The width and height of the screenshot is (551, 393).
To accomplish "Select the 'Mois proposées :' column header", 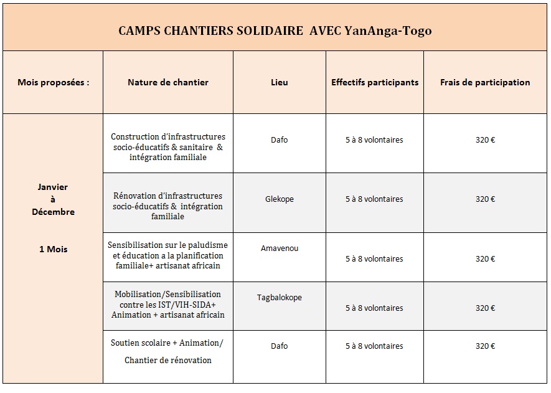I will pyautogui.click(x=54, y=82).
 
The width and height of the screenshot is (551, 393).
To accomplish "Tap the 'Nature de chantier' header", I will pyautogui.click(x=168, y=82).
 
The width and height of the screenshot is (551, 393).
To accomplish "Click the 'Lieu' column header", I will pyautogui.click(x=280, y=82).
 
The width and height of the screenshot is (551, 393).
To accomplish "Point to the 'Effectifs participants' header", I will pyautogui.click(x=375, y=82).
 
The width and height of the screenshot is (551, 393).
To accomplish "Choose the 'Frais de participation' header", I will pyautogui.click(x=485, y=82).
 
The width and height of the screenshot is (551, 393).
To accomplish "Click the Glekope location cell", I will pyautogui.click(x=280, y=199).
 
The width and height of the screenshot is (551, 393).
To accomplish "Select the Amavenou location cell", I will pyautogui.click(x=280, y=249).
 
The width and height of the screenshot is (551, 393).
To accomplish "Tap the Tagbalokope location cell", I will pyautogui.click(x=280, y=298).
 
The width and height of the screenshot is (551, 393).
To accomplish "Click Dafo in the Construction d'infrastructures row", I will pyautogui.click(x=280, y=140).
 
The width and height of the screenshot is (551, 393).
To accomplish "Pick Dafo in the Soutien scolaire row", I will pyautogui.click(x=280, y=346).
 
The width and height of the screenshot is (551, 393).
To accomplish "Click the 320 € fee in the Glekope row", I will pyautogui.click(x=485, y=199).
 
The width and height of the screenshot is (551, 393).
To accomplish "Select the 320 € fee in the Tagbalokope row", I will pyautogui.click(x=485, y=308).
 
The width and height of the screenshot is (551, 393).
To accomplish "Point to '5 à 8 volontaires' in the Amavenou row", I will pyautogui.click(x=374, y=259).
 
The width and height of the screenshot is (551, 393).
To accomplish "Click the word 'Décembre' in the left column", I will pyautogui.click(x=54, y=212).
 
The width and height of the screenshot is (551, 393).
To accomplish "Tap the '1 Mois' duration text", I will pyautogui.click(x=54, y=249).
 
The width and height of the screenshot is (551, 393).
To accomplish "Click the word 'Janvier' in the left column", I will pyautogui.click(x=54, y=187).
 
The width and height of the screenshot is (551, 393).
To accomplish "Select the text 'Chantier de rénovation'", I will pyautogui.click(x=168, y=360).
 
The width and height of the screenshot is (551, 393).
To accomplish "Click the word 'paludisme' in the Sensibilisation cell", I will pyautogui.click(x=205, y=245).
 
